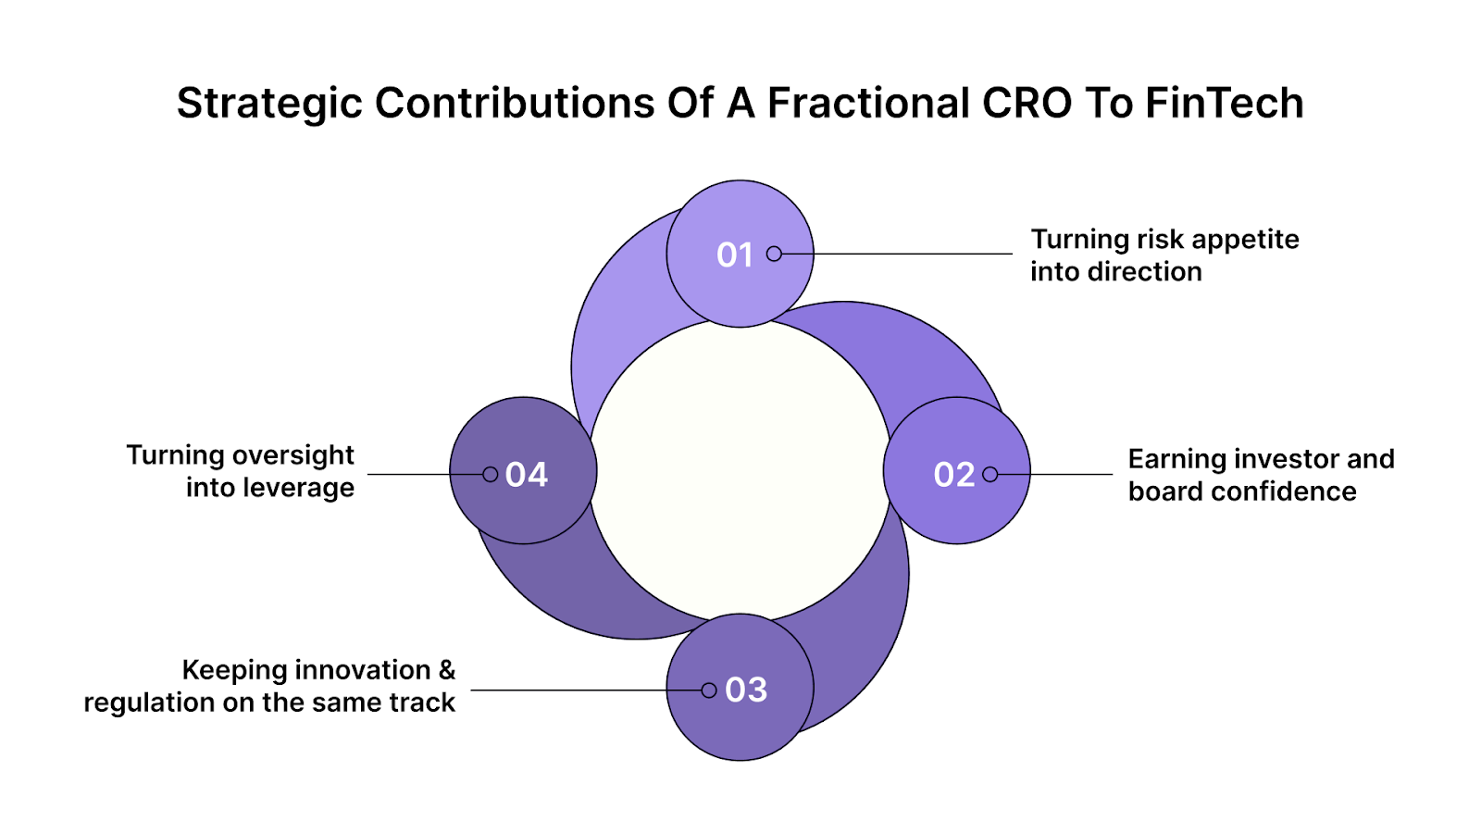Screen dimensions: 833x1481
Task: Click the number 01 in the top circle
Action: coord(735,255)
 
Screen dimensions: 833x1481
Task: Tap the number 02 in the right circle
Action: coord(953,475)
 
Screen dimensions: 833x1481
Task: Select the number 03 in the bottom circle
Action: coord(746,690)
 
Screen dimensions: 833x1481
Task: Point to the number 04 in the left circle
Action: coord(527,475)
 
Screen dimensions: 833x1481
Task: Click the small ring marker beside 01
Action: coord(774,254)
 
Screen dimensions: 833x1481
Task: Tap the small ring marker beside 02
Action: coord(990,474)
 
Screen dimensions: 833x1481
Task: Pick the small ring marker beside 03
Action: coord(709,690)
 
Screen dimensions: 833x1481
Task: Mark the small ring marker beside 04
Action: coord(491,474)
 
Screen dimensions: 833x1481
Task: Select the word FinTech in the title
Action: coord(1224,103)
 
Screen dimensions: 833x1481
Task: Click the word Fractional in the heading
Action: coord(868,103)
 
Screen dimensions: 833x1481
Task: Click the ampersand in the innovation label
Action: coord(447,669)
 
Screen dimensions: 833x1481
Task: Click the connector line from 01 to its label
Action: coord(898,254)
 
